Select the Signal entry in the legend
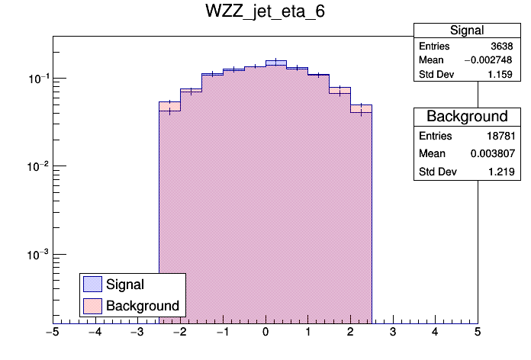coord(125,284)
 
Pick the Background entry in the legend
coord(143,306)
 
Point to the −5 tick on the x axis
coord(53,332)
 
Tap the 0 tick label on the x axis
coord(265,332)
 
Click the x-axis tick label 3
coord(392,332)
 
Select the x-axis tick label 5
coord(477,332)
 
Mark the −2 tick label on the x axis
coord(179,332)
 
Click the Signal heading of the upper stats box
coord(467,31)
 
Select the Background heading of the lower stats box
coord(467,117)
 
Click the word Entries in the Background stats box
coord(435,136)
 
